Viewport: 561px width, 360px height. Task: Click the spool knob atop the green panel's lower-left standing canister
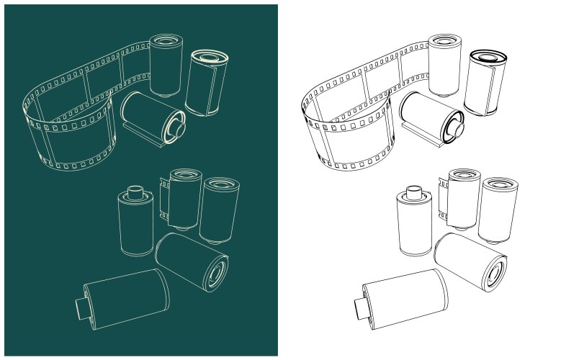pyautogui.click(x=135, y=192)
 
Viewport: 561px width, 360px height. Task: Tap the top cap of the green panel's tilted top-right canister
pyautogui.click(x=210, y=57)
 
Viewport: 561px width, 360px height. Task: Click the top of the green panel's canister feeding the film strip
pyautogui.click(x=166, y=40)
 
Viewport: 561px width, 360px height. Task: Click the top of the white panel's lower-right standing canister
pyautogui.click(x=499, y=184)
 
